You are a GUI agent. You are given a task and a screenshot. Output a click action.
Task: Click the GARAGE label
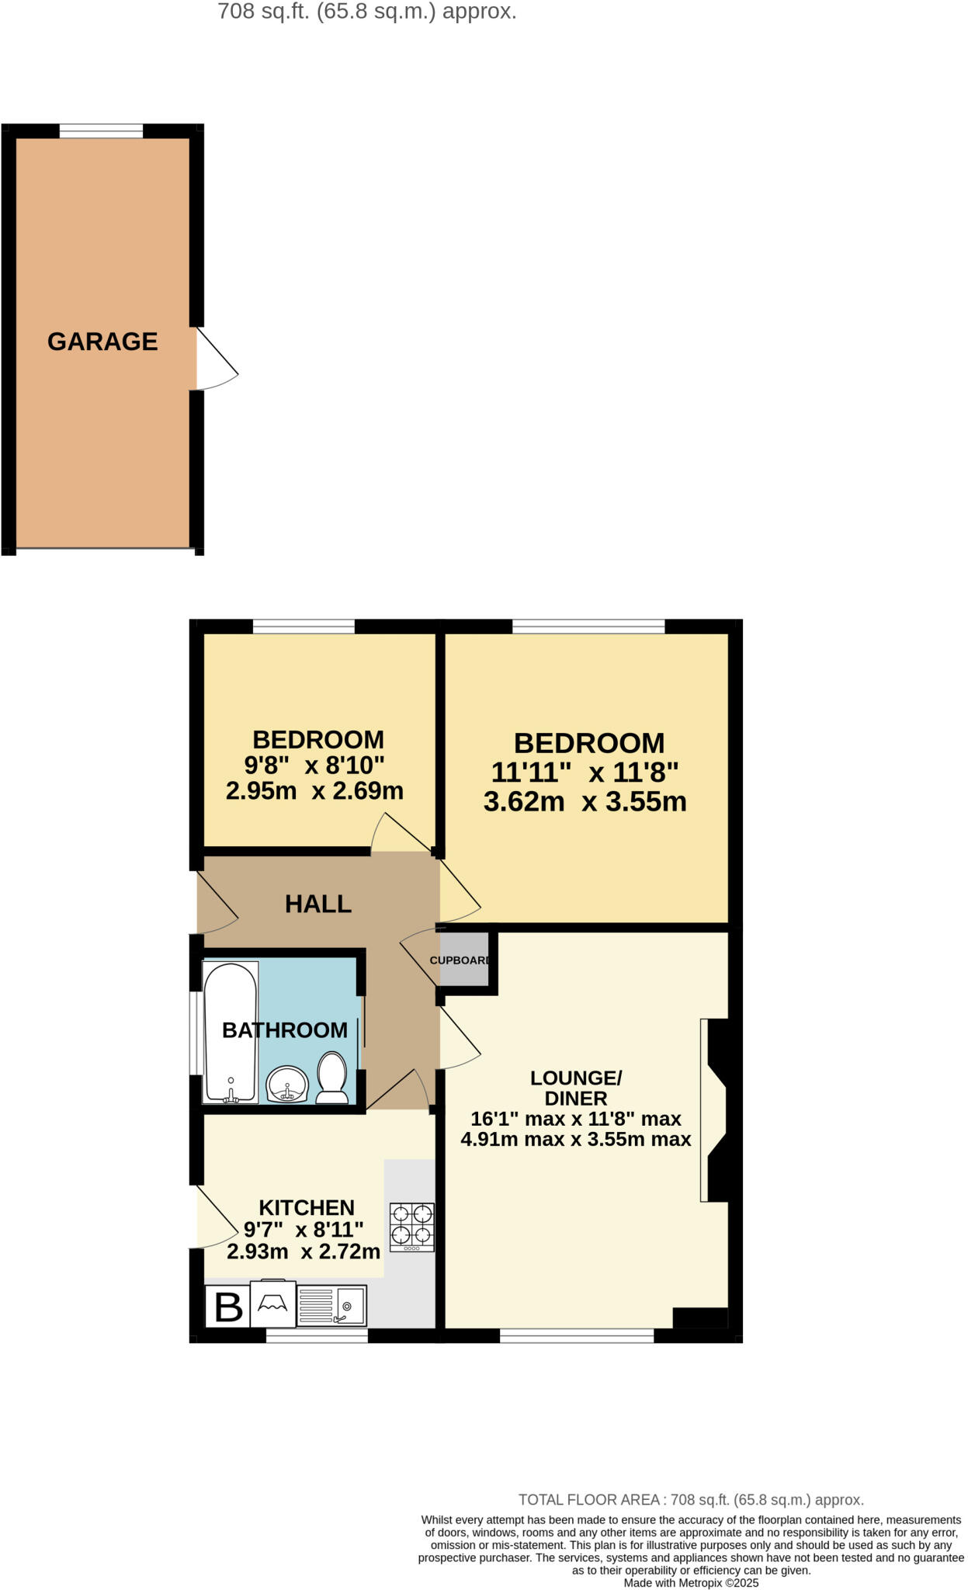[102, 342]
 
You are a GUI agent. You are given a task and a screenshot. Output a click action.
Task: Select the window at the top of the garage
[101, 131]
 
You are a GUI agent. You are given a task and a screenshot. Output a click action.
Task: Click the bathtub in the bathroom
[230, 1032]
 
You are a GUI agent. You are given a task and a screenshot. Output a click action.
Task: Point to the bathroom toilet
[333, 1078]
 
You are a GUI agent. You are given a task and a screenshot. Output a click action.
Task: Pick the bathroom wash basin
[287, 1084]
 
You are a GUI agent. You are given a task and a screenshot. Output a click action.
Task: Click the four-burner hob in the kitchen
[411, 1227]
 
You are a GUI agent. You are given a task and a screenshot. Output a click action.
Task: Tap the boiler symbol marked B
[227, 1307]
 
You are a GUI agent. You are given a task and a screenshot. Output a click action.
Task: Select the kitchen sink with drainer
[331, 1306]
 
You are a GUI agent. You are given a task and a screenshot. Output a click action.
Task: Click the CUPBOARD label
[460, 960]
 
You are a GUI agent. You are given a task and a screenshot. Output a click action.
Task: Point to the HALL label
[318, 904]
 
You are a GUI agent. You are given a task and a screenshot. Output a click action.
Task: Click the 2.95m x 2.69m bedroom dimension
[314, 791]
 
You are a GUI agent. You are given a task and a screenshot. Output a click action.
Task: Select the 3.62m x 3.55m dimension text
[585, 801]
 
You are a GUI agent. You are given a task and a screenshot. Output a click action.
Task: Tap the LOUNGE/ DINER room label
[576, 1088]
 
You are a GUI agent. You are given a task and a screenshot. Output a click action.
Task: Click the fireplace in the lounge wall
[714, 1110]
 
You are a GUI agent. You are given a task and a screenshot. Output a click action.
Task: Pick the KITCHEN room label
[307, 1207]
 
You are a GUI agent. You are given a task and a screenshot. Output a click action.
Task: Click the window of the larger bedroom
[588, 627]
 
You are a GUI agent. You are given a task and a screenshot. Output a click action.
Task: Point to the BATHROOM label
[285, 1030]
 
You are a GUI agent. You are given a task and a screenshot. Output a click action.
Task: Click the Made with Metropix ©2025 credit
[691, 1583]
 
